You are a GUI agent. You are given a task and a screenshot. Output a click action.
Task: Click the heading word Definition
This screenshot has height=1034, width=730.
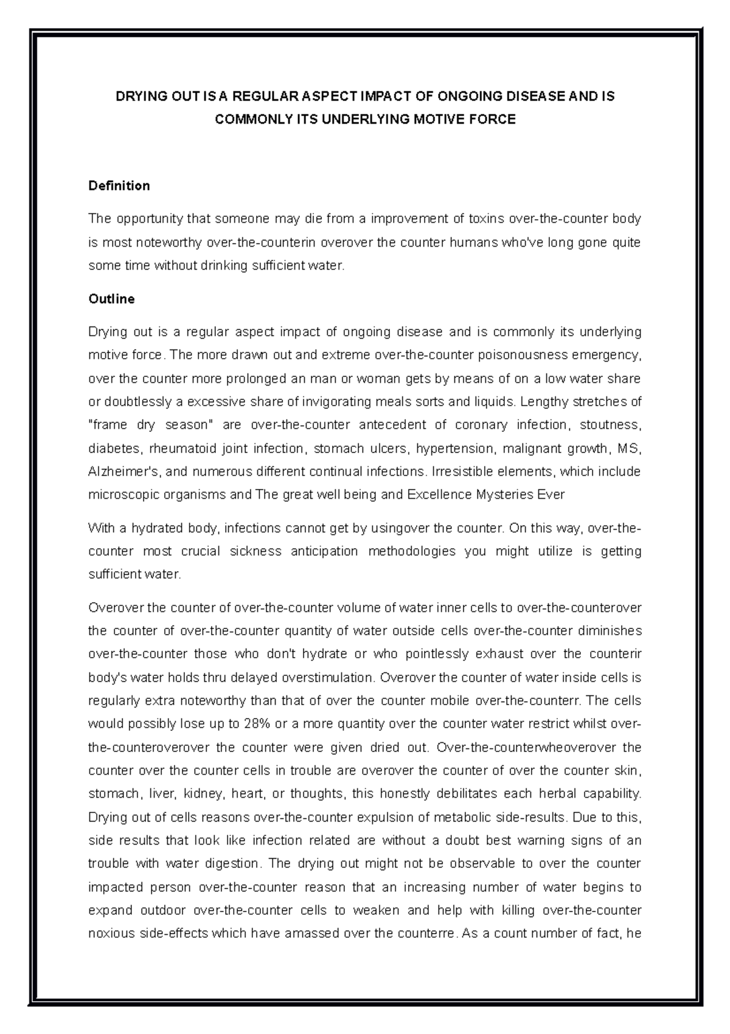coord(119,186)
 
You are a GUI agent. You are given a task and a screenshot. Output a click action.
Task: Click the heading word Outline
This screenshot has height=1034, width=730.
coord(111,299)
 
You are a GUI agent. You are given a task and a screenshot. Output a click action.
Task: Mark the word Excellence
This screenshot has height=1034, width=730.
coord(437,494)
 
